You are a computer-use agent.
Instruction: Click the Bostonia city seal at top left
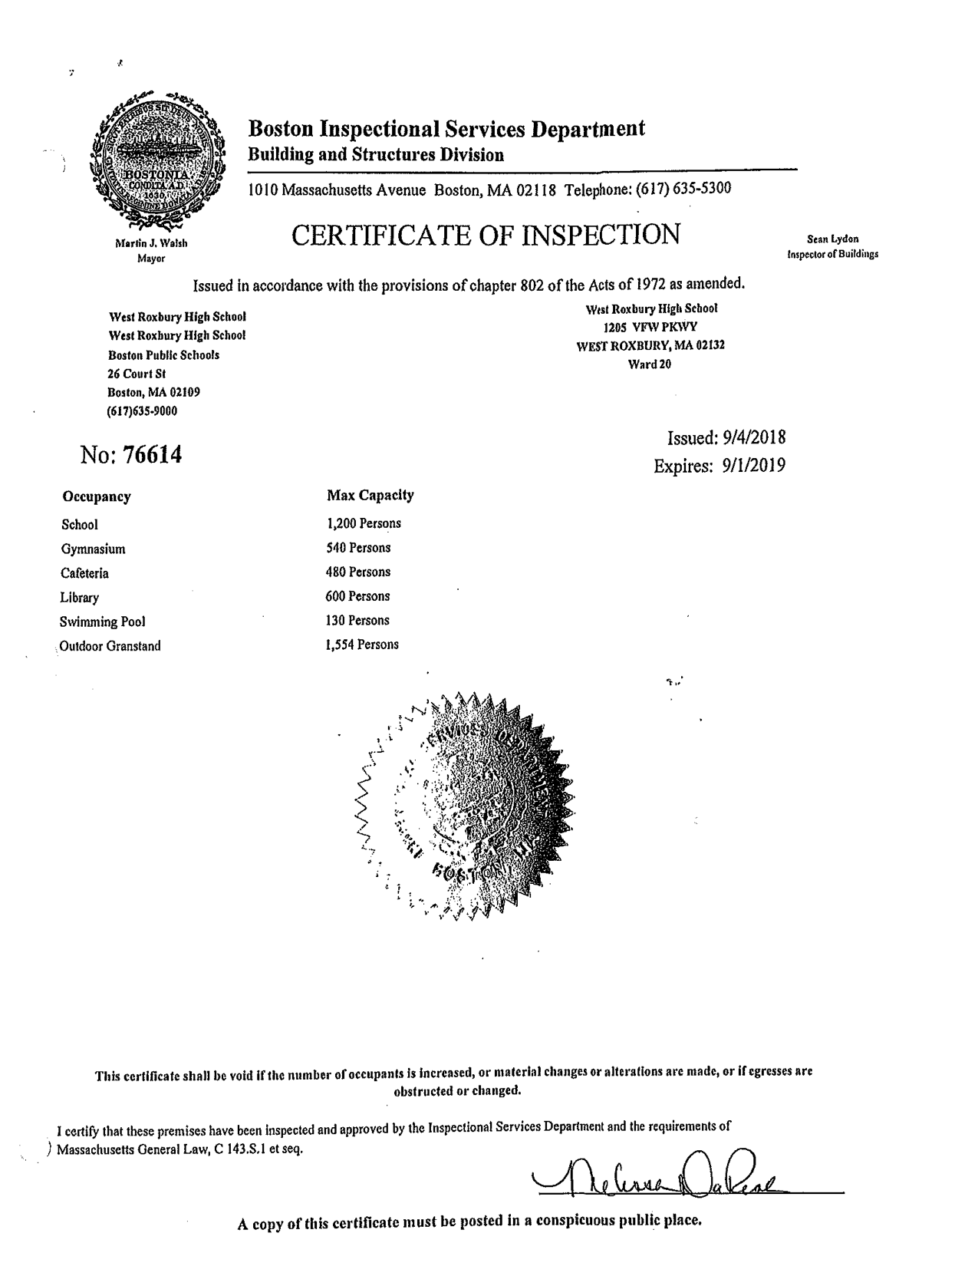pyautogui.click(x=157, y=160)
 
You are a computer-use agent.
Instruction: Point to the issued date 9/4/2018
pyautogui.click(x=754, y=438)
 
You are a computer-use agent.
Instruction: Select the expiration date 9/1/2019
pyautogui.click(x=752, y=466)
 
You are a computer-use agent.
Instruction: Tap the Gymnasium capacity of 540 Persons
pyautogui.click(x=358, y=548)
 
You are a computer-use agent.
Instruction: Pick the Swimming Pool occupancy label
pyautogui.click(x=103, y=621)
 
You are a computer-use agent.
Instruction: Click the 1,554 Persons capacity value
pyautogui.click(x=362, y=645)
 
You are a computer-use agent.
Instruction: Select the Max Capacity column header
pyautogui.click(x=370, y=496)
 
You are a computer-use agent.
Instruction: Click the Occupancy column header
pyautogui.click(x=96, y=496)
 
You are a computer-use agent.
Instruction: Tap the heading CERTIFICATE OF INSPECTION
pyautogui.click(x=486, y=235)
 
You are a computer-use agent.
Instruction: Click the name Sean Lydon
pyautogui.click(x=832, y=239)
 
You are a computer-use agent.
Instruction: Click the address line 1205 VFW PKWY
pyautogui.click(x=650, y=327)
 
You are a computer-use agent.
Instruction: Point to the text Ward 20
pyautogui.click(x=649, y=364)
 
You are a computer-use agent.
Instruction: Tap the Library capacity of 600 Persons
pyautogui.click(x=357, y=596)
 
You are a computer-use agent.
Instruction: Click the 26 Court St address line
pyautogui.click(x=137, y=374)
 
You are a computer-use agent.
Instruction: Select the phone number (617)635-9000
pyautogui.click(x=142, y=411)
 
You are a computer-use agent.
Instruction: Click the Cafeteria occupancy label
pyautogui.click(x=84, y=573)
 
